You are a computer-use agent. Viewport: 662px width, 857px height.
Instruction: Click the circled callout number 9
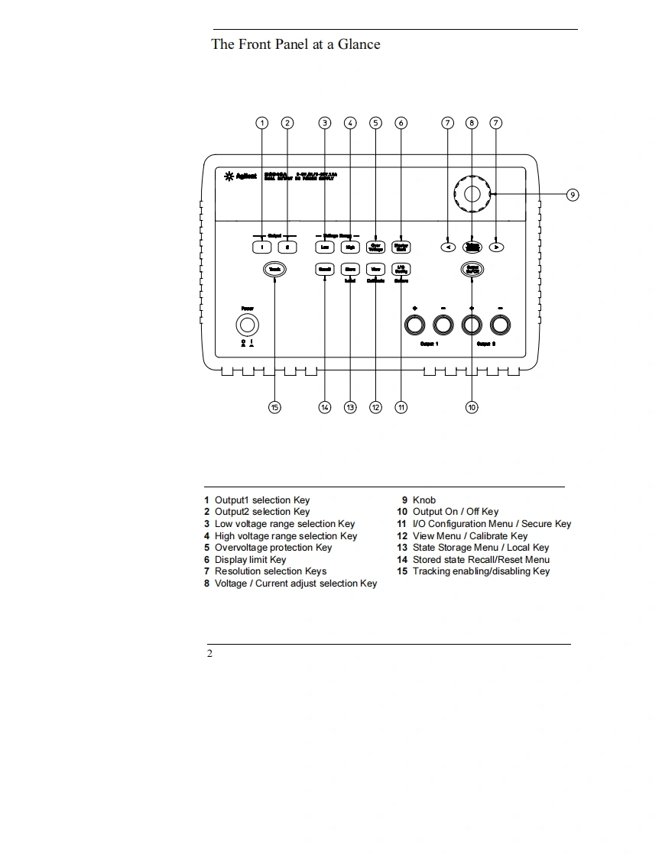point(573,195)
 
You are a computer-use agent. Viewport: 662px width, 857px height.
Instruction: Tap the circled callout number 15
point(274,407)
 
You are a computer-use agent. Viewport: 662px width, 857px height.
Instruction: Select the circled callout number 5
point(375,123)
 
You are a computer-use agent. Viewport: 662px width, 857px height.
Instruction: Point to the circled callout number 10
point(472,407)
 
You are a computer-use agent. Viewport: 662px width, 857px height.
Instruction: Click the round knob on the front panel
point(472,194)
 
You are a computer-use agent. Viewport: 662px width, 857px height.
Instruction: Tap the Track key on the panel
point(274,269)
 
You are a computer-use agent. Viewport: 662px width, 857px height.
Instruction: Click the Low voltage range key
point(325,247)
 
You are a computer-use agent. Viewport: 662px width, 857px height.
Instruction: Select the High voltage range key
point(350,247)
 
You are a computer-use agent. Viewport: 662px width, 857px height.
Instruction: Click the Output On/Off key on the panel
point(472,269)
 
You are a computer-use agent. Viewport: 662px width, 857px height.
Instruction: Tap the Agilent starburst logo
point(228,177)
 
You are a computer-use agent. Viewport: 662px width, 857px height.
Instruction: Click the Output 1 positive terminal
point(414,325)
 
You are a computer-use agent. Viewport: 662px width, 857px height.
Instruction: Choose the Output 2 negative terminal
point(500,325)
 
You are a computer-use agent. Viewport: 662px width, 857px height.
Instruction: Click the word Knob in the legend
point(424,500)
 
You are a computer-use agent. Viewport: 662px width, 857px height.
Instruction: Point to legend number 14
point(402,560)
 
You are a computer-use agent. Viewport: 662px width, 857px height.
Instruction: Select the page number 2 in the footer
point(209,654)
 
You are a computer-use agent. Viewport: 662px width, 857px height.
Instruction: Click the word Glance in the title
point(359,44)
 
